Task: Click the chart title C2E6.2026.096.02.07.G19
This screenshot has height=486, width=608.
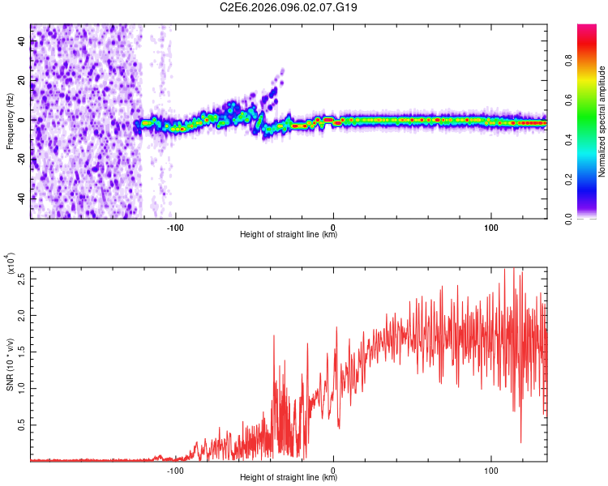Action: click(x=289, y=7)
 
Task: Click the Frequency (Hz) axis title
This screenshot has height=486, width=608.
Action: click(x=10, y=122)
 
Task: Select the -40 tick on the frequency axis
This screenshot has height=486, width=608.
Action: click(x=21, y=198)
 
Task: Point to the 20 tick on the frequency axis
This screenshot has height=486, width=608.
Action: click(x=21, y=81)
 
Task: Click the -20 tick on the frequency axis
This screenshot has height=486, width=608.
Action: click(x=21, y=159)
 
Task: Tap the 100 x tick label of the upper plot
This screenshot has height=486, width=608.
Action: click(x=490, y=228)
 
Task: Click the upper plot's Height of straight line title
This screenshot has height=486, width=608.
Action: click(x=289, y=236)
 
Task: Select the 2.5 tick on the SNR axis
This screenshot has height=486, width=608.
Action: click(x=21, y=279)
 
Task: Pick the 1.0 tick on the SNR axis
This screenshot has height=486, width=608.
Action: click(x=21, y=387)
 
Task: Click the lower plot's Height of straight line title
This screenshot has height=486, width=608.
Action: click(x=289, y=478)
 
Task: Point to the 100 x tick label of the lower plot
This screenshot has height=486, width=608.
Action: click(x=490, y=470)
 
